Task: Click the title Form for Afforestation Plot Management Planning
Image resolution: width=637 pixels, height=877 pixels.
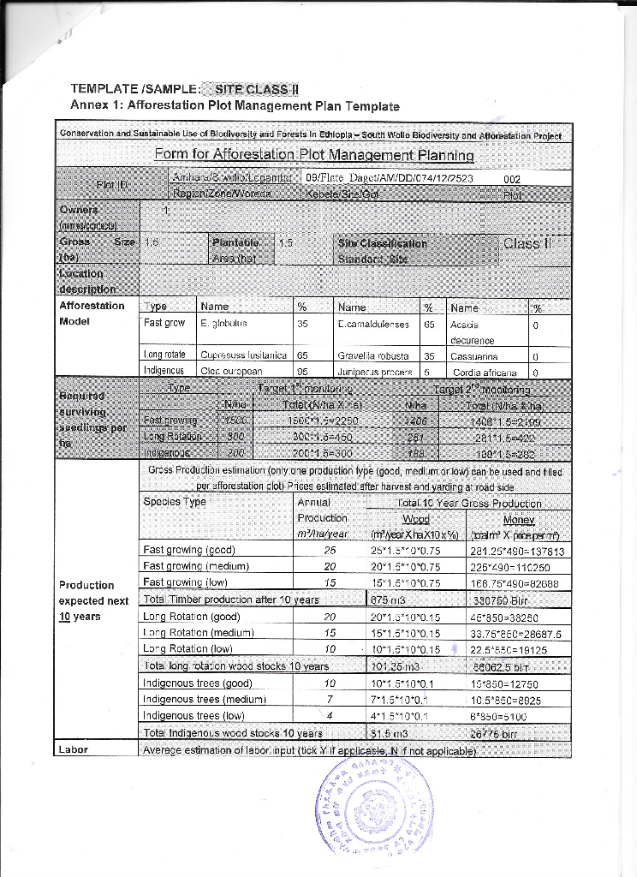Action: click(x=313, y=155)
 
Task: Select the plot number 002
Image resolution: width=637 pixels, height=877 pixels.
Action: click(x=513, y=179)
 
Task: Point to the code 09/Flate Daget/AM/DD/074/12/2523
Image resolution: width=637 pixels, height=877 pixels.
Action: click(x=377, y=179)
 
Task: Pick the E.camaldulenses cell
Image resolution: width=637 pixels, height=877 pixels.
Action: click(x=375, y=324)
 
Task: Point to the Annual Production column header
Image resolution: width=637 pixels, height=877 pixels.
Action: click(x=321, y=517)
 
